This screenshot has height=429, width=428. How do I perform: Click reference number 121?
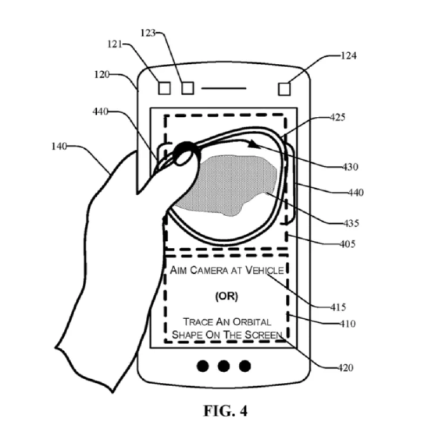tap(115, 44)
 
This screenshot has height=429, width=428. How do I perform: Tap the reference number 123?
tap(148, 33)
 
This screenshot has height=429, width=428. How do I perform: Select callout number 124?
tap(348, 56)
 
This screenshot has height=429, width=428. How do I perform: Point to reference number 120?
tap(102, 74)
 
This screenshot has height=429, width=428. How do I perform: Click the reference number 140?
tap(59, 147)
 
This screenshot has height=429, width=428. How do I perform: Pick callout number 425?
tap(337, 117)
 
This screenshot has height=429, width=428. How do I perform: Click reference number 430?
tap(350, 167)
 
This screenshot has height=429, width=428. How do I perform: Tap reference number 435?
tap(351, 223)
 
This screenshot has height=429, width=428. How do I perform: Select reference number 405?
tap(348, 244)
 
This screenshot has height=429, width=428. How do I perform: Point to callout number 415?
tap(338, 307)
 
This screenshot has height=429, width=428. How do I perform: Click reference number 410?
tap(348, 324)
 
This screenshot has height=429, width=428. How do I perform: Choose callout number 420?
tap(345, 367)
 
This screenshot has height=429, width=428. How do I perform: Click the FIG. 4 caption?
tap(225, 410)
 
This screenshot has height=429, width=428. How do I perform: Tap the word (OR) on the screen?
tap(226, 296)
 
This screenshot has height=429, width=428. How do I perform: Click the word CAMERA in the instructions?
tap(209, 271)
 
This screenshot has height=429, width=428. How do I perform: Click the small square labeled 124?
tap(284, 89)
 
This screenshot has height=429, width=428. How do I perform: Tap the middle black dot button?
tap(223, 366)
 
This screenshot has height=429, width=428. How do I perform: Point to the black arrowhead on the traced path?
tap(254, 144)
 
